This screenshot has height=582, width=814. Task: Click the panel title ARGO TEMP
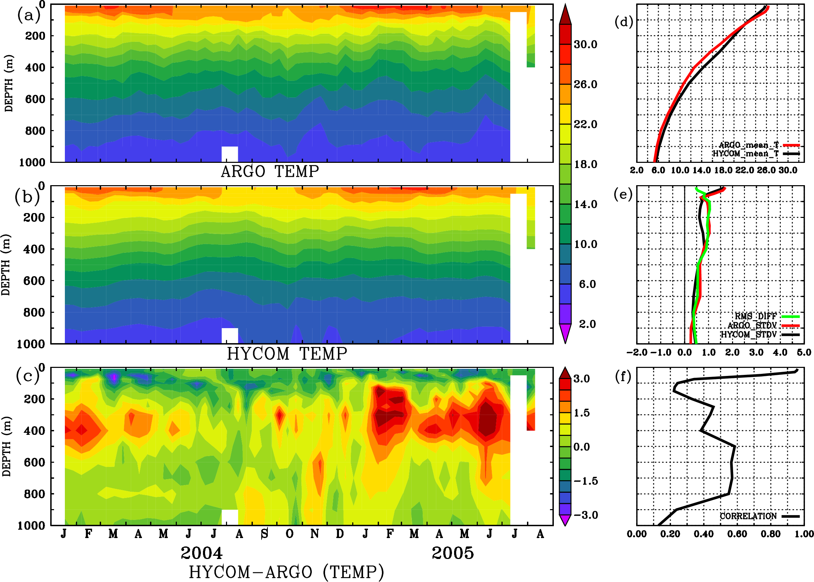tap(270, 172)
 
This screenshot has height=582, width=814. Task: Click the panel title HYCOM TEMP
tap(287, 354)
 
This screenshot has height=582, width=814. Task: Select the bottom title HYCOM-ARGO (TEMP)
tap(286, 572)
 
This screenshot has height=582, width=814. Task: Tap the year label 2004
tap(202, 553)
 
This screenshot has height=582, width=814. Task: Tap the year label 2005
tap(453, 553)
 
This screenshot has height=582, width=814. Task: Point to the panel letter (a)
tap(29, 15)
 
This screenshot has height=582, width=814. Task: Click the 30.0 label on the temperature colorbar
tap(585, 44)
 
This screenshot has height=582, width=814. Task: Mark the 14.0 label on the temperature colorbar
tap(585, 204)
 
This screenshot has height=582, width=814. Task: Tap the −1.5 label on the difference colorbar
tap(585, 481)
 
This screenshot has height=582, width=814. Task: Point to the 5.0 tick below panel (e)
tap(804, 352)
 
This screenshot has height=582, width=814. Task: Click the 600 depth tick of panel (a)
tap(35, 99)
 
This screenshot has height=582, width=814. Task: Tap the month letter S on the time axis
tap(264, 534)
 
